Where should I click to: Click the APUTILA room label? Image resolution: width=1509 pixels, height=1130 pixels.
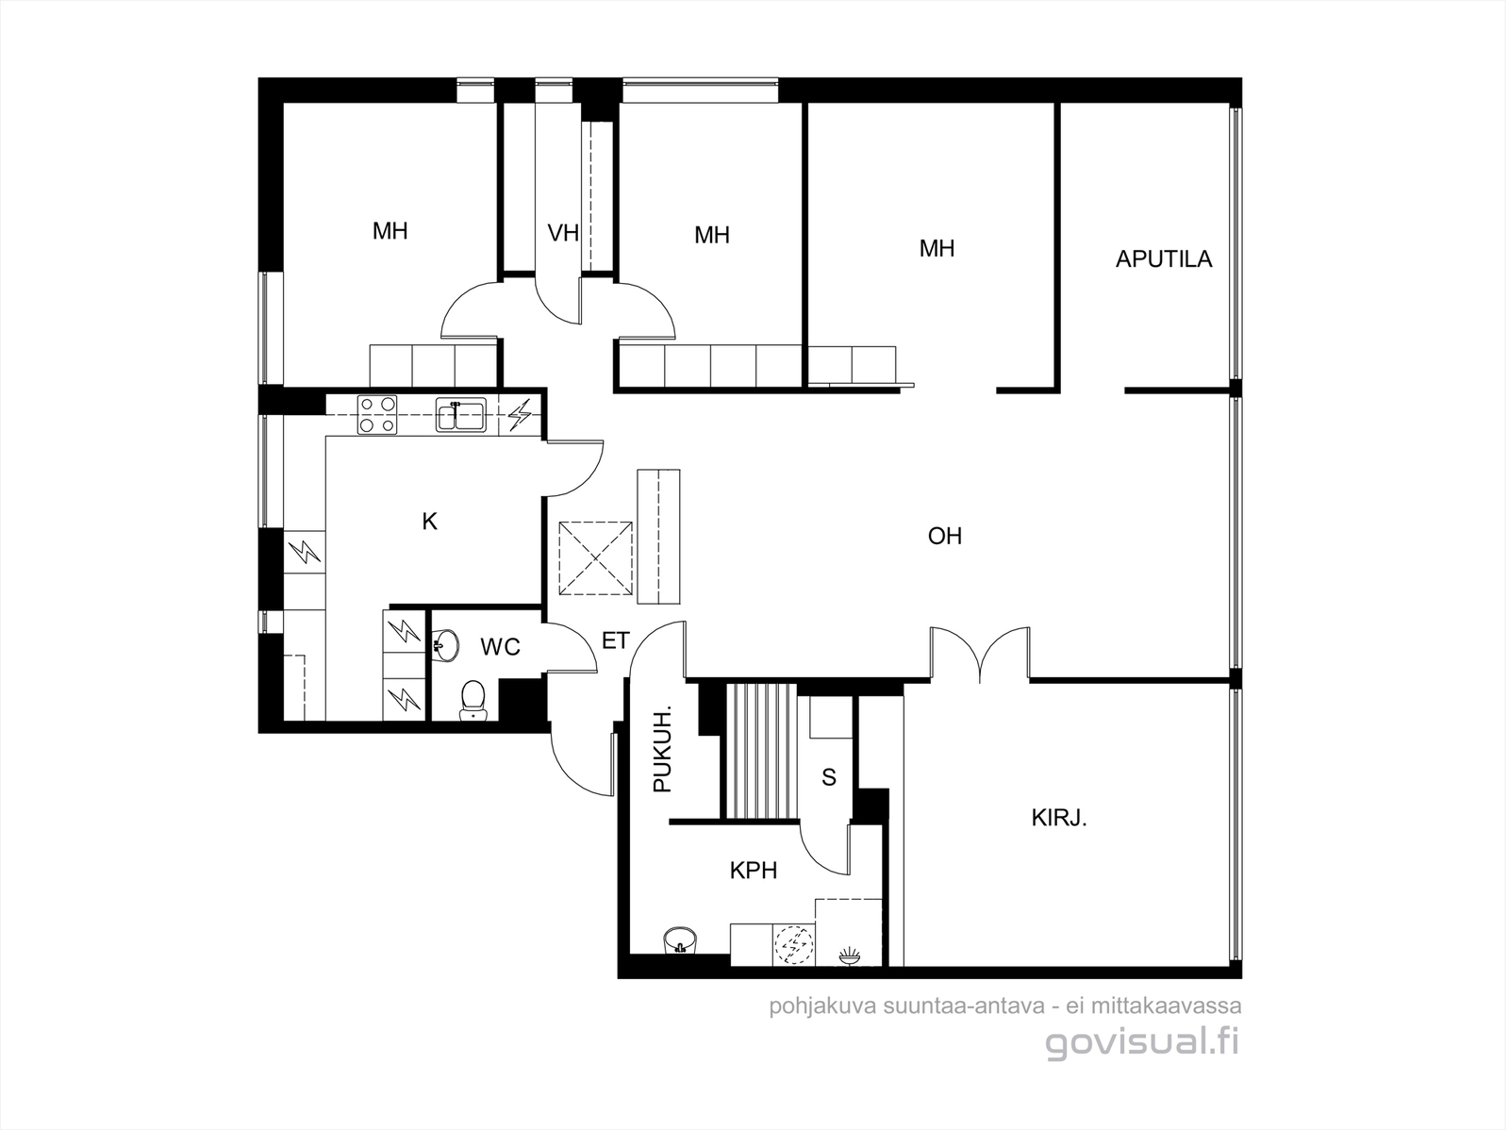tap(1163, 259)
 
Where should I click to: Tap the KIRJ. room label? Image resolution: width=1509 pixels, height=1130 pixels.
tap(1059, 818)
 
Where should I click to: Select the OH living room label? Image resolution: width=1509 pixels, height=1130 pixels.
tap(945, 536)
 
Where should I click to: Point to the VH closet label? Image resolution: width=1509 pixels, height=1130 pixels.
tap(563, 233)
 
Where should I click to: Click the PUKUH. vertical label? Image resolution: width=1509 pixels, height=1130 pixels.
tap(662, 748)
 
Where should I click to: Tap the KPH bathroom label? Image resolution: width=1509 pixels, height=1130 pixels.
tap(754, 871)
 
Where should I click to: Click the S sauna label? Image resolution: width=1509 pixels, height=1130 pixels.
tap(829, 777)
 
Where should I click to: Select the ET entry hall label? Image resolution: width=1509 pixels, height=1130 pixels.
tap(615, 640)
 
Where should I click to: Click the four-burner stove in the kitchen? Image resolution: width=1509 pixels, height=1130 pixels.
tap(376, 415)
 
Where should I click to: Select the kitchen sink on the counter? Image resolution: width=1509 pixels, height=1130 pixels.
tap(460, 414)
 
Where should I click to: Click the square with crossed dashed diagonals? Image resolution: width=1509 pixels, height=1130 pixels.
tap(595, 558)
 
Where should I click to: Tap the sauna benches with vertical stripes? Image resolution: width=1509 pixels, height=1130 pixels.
tap(762, 751)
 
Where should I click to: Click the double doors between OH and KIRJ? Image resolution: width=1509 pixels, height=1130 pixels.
tap(980, 653)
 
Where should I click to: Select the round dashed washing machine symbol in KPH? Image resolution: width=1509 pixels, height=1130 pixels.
tap(794, 945)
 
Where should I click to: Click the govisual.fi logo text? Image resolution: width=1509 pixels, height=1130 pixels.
tap(1142, 1042)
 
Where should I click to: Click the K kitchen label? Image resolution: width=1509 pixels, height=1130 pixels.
tap(430, 522)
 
